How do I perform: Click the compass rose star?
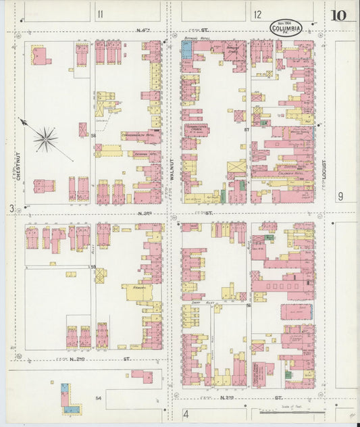point(45,140)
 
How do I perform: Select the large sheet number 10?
point(340,15)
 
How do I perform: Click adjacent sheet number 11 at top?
point(101,14)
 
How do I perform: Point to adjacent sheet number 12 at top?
point(258,14)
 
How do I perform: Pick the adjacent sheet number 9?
point(341,196)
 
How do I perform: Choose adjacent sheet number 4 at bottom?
point(186,413)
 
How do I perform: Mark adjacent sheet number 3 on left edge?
point(11,209)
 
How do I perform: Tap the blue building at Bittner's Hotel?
point(186,49)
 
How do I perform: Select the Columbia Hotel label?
point(290,173)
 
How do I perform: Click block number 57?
point(247,129)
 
